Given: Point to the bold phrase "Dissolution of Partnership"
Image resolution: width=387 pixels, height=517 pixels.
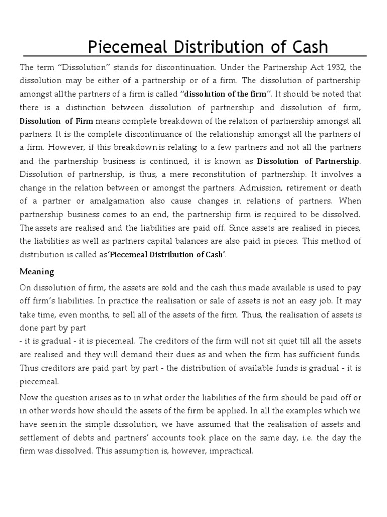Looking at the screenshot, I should pyautogui.click(x=309, y=161).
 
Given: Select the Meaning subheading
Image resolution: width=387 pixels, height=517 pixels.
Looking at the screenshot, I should pyautogui.click(x=37, y=271).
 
